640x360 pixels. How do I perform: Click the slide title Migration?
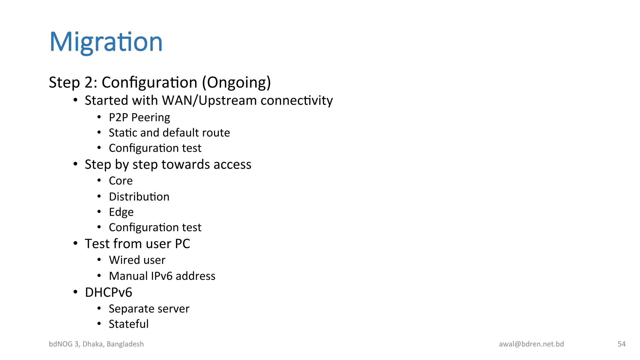coord(106,42)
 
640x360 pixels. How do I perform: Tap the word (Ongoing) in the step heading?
coord(236,82)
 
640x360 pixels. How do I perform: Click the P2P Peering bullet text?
coord(139,117)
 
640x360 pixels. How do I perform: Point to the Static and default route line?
coord(169,133)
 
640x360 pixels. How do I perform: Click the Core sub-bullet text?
coord(121,181)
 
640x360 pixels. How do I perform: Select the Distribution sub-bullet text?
coord(139,197)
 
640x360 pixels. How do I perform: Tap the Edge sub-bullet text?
coord(121,212)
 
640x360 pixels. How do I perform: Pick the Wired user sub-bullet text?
coord(137,260)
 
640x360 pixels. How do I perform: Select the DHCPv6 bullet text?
coord(108,292)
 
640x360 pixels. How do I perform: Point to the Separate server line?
coord(149,309)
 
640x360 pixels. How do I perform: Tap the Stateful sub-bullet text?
coord(128,324)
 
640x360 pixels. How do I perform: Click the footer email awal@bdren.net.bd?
coord(531,344)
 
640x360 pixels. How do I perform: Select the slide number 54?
coord(622,344)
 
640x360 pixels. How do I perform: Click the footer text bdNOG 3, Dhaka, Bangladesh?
coord(96,344)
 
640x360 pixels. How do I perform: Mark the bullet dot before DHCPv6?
coord(75,292)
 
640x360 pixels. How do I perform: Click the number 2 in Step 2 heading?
coord(88,83)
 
